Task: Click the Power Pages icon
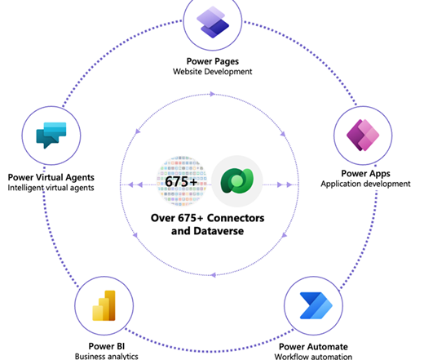[x=213, y=22]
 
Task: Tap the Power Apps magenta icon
[x=363, y=136]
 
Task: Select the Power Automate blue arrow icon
[x=316, y=305]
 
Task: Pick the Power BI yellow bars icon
[x=104, y=305]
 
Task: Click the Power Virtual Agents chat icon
[x=51, y=136]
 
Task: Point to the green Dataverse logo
[x=237, y=181]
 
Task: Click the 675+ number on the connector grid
[x=181, y=181]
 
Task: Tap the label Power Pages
[x=213, y=61]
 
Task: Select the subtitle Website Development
[x=213, y=72]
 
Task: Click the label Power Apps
[x=365, y=174]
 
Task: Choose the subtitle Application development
[x=365, y=184]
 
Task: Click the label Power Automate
[x=313, y=347]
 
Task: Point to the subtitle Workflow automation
[x=313, y=357]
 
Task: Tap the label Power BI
[x=107, y=346]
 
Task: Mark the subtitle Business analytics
[x=107, y=356]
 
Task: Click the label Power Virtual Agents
[x=51, y=177]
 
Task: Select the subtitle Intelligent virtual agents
[x=51, y=188]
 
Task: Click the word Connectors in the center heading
[x=236, y=218]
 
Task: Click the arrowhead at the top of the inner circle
[x=213, y=94]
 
